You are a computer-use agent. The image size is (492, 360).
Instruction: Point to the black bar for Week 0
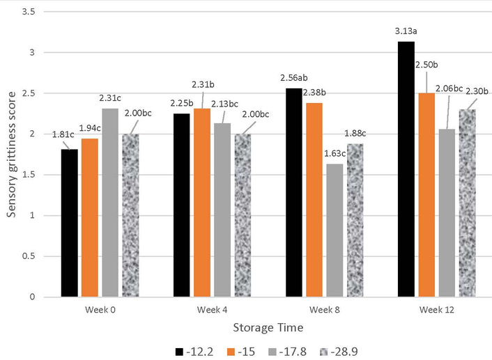coord(69,223)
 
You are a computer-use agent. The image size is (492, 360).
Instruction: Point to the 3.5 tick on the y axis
coord(33,12)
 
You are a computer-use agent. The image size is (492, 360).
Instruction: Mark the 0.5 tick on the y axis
coord(33,256)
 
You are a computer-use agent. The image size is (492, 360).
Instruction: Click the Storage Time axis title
coord(268,324)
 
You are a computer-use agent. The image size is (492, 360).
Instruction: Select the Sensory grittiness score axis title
coord(12,154)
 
